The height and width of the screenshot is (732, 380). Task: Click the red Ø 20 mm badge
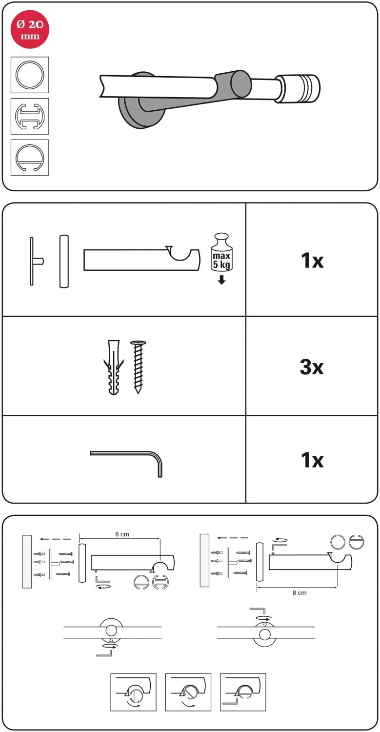tap(30, 29)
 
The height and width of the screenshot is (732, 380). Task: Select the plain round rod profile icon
tap(30, 75)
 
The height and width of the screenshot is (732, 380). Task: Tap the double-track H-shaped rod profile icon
tap(30, 116)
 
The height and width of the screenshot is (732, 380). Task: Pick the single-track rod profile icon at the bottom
tap(30, 158)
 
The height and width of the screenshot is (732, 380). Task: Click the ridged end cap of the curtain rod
tap(299, 88)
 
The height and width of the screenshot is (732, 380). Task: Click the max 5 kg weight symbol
tap(221, 252)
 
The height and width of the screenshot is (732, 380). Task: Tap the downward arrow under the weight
tap(221, 280)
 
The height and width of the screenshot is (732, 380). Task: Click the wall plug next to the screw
tap(113, 367)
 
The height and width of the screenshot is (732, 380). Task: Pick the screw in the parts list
tap(138, 367)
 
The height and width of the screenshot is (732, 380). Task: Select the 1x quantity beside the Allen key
tap(312, 460)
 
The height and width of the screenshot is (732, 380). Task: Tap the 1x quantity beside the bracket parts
tap(312, 261)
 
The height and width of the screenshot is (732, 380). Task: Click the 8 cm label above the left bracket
tap(122, 534)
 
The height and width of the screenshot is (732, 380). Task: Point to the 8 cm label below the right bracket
tap(300, 592)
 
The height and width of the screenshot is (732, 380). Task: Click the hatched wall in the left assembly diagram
tap(27, 561)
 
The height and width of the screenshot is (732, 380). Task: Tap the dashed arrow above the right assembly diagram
tap(233, 538)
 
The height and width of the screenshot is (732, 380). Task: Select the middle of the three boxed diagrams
tap(188, 692)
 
